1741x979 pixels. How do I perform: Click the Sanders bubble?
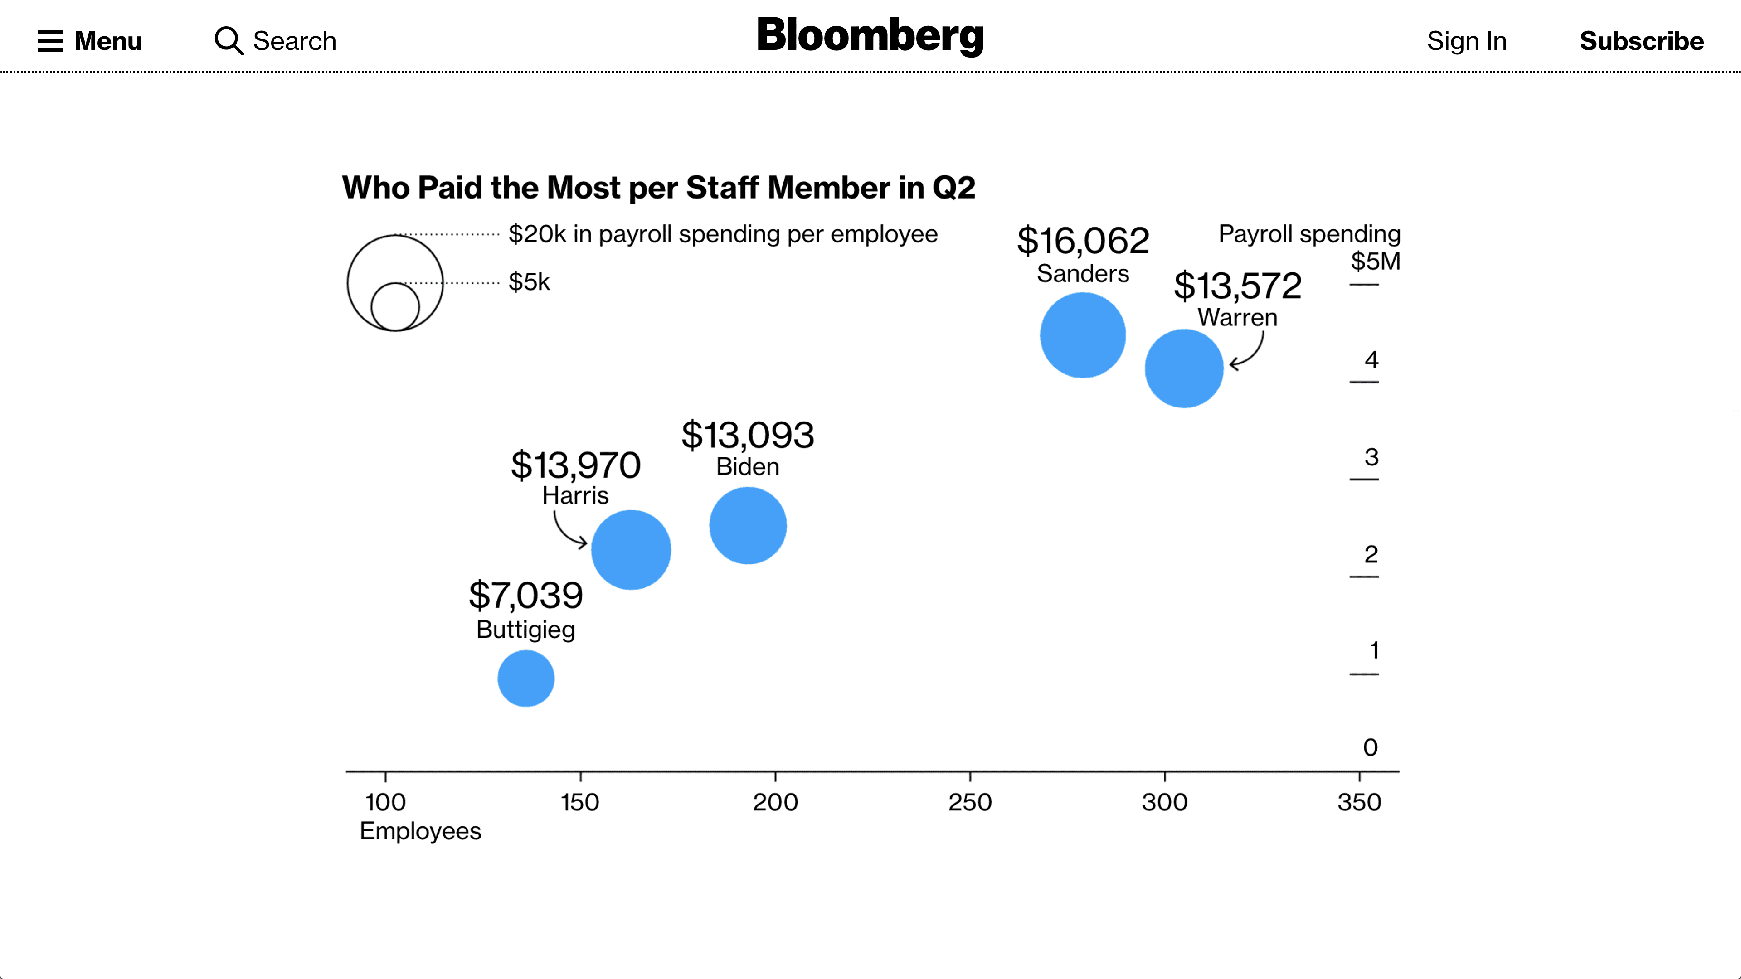pyautogui.click(x=1083, y=335)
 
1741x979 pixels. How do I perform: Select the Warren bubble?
pyautogui.click(x=1184, y=368)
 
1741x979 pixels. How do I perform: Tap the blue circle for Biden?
pyautogui.click(x=748, y=526)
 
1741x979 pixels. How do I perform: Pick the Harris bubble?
pyautogui.click(x=631, y=550)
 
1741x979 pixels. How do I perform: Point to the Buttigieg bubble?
pyautogui.click(x=526, y=679)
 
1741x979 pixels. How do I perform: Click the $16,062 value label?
pyautogui.click(x=1083, y=241)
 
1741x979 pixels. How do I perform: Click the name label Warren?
pyautogui.click(x=1237, y=318)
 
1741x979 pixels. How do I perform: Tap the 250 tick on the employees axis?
pyautogui.click(x=970, y=802)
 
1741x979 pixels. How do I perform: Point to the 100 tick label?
pyautogui.click(x=385, y=802)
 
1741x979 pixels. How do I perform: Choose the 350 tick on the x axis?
pyautogui.click(x=1359, y=802)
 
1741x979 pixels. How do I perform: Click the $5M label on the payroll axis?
pyautogui.click(x=1376, y=262)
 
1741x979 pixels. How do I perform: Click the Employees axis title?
pyautogui.click(x=420, y=831)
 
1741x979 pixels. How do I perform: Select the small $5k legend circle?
pyautogui.click(x=395, y=307)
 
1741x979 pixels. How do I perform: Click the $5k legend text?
pyautogui.click(x=529, y=282)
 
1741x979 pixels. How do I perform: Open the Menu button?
pyautogui.click(x=90, y=41)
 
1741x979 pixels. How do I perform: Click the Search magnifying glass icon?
pyautogui.click(x=229, y=40)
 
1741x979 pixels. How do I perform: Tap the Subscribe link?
pyautogui.click(x=1641, y=41)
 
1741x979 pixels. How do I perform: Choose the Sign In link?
pyautogui.click(x=1467, y=41)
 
